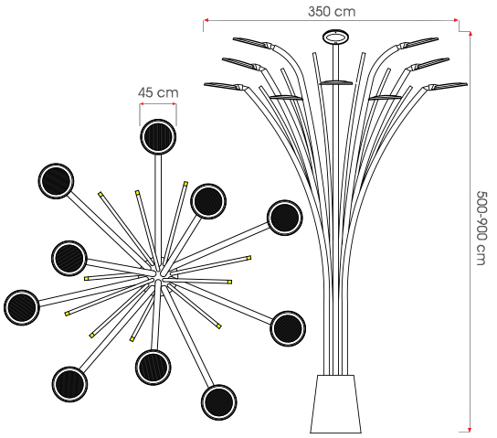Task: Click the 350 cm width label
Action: coord(332,12)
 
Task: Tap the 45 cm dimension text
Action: coord(158,92)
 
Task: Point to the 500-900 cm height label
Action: coord(481,228)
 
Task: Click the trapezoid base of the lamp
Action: coord(335,404)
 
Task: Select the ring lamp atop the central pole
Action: coord(335,37)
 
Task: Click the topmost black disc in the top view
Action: coord(158,136)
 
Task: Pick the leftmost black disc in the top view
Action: coord(22,307)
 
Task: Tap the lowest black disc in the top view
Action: coord(218,402)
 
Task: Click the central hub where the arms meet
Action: coord(158,275)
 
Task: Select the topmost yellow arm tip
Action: coord(185,183)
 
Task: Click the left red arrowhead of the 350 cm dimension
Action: coord(206,20)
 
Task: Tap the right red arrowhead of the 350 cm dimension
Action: coord(457,20)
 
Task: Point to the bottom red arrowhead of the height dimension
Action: coord(471,430)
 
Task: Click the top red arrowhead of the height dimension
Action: coord(471,34)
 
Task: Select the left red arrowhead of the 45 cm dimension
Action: coord(142,103)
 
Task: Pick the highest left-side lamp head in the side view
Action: coord(252,42)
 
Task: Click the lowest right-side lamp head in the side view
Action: coord(447,86)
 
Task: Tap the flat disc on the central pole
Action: coord(335,83)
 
